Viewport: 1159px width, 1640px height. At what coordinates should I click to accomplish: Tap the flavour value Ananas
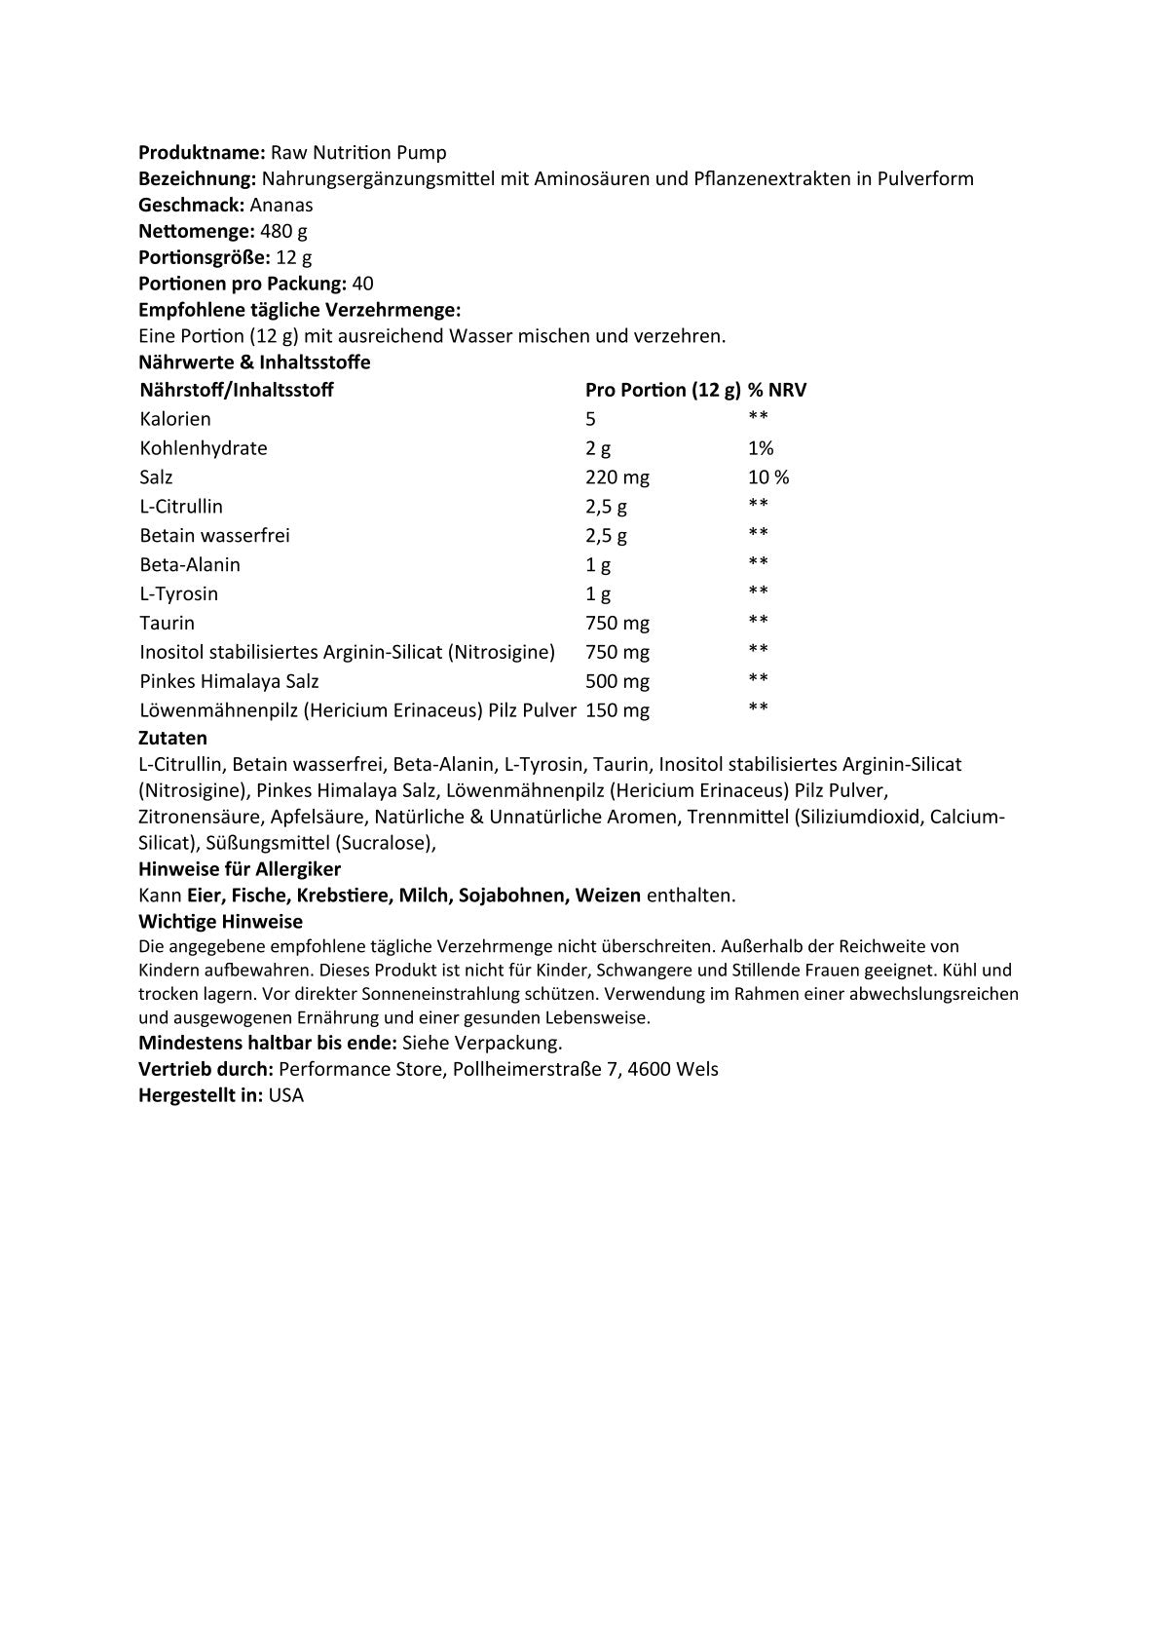pos(281,206)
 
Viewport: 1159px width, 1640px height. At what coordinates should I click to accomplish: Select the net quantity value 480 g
pos(284,232)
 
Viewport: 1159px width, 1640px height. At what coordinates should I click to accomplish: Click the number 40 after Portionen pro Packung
pos(362,285)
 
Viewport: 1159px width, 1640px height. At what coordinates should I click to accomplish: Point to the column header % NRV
pos(777,391)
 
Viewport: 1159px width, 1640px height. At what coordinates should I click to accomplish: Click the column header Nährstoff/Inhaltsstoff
pos(237,391)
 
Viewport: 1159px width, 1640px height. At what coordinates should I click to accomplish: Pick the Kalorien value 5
pos(590,420)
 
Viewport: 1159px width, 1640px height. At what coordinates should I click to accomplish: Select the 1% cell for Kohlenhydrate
pos(761,449)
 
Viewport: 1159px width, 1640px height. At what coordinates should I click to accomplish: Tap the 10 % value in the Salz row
pos(768,478)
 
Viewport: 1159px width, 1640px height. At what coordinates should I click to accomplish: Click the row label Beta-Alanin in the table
pos(190,565)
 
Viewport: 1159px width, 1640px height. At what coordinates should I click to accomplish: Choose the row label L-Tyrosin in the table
pos(179,594)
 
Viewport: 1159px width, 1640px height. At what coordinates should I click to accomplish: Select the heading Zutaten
pos(173,739)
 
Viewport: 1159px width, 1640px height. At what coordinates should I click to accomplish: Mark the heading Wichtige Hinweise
pos(221,922)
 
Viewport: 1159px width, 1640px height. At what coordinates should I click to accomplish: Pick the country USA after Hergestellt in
pos(286,1096)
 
